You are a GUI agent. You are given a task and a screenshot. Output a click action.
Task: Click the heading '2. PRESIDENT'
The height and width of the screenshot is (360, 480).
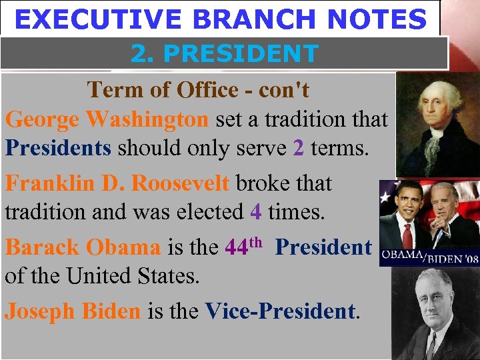click(224, 53)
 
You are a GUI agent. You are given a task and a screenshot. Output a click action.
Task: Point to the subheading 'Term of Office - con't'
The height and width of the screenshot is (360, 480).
click(198, 89)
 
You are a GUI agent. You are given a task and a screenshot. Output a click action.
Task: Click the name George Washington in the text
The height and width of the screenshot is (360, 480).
click(107, 119)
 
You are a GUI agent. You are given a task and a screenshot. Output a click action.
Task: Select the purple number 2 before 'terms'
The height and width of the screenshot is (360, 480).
click(299, 147)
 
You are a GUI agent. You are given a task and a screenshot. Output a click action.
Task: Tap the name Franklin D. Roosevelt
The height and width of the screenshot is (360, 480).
click(117, 183)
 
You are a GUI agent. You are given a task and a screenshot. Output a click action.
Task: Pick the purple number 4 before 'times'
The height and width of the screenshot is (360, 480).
click(255, 211)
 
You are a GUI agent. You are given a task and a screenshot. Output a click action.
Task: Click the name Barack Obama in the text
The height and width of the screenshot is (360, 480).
click(83, 247)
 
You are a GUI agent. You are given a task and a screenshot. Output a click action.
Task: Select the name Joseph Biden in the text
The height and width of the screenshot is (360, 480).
click(73, 310)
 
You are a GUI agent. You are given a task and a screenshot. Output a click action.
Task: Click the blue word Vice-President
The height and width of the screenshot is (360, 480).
click(280, 310)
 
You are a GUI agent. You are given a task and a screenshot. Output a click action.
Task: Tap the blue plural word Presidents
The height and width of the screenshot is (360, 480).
click(58, 147)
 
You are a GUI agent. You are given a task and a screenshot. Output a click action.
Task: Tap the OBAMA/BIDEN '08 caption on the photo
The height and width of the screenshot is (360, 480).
click(429, 258)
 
